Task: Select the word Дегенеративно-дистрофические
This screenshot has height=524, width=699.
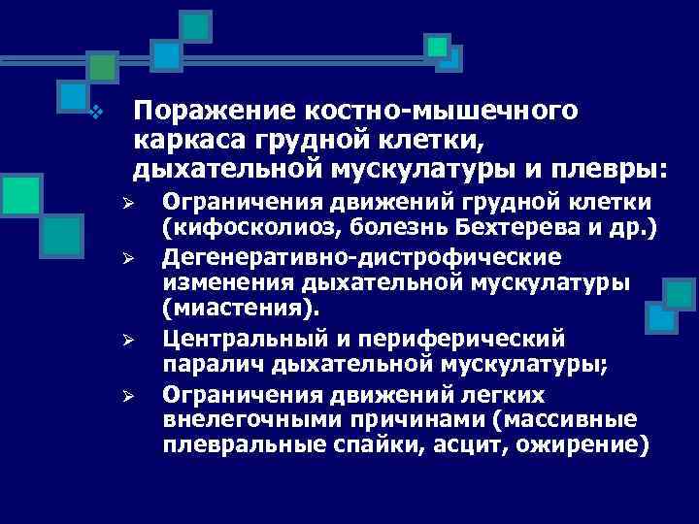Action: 360,258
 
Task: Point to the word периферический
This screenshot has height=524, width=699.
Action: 473,339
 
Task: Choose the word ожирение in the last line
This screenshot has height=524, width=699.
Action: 572,446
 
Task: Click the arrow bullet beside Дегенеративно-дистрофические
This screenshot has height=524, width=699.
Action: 143,260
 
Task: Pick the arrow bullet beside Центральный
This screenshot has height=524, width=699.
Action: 143,341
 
